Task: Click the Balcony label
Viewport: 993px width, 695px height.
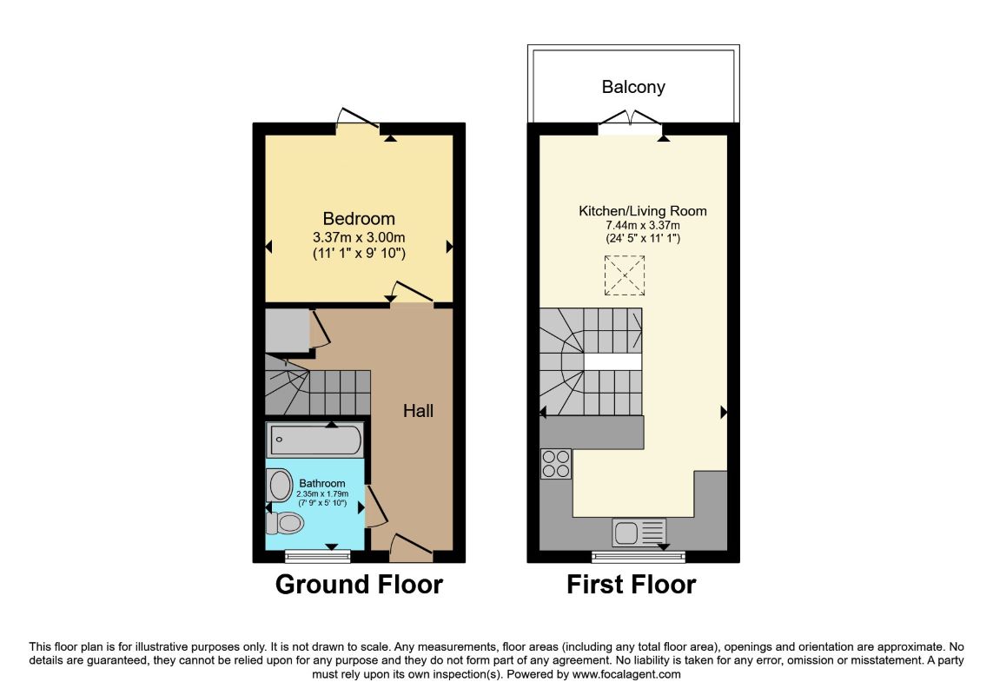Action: pyautogui.click(x=633, y=87)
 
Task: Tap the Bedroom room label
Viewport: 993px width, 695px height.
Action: pyautogui.click(x=359, y=218)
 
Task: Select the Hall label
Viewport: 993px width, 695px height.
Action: pyautogui.click(x=418, y=411)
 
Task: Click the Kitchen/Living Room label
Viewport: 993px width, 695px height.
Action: pyautogui.click(x=643, y=210)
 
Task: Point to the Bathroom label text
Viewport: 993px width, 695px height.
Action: pyautogui.click(x=322, y=483)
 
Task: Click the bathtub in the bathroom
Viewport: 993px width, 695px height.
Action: pyautogui.click(x=315, y=440)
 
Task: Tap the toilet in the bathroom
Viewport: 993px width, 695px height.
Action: pyautogui.click(x=285, y=523)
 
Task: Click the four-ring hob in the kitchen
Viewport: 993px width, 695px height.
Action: pyautogui.click(x=556, y=463)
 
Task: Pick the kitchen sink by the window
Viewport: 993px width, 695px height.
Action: pyautogui.click(x=639, y=532)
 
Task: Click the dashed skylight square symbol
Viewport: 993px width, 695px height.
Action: pyautogui.click(x=625, y=275)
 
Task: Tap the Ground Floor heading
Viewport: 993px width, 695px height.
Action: pyautogui.click(x=359, y=585)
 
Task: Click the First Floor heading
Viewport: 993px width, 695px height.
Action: pyautogui.click(x=631, y=585)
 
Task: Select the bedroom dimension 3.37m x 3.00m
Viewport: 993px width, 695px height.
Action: pyautogui.click(x=359, y=236)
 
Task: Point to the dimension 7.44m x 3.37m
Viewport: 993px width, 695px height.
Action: pyautogui.click(x=643, y=225)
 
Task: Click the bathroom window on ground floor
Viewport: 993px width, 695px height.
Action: pyautogui.click(x=318, y=555)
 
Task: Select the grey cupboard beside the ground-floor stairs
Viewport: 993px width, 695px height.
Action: pyautogui.click(x=287, y=330)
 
